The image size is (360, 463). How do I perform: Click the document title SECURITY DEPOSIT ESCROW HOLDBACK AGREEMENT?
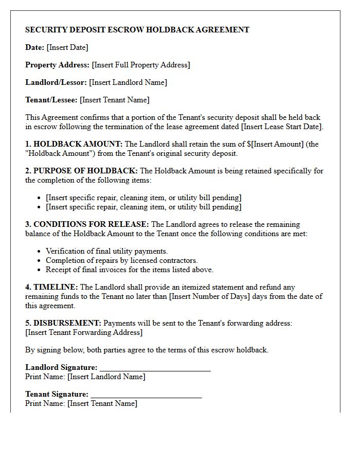(137, 30)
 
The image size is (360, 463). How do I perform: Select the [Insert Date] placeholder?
(67, 47)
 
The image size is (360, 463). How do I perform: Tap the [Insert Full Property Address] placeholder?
(140, 65)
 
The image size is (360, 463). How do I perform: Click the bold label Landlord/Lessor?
(56, 82)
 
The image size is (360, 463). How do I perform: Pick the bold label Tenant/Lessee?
(51, 100)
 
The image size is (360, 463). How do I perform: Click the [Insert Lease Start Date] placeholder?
(281, 127)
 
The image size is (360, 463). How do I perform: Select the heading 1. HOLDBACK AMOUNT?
(74, 144)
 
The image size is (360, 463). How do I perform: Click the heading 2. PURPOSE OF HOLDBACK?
(81, 171)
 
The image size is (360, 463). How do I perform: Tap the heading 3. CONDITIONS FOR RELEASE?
(87, 224)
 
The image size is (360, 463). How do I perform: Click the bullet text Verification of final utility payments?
(107, 251)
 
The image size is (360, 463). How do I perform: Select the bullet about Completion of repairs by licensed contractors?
(122, 260)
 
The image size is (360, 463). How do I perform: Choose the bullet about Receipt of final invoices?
(130, 270)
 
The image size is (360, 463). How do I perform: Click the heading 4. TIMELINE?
(51, 287)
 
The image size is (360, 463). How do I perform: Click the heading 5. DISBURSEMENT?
(63, 323)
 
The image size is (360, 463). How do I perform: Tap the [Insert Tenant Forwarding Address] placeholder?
(84, 332)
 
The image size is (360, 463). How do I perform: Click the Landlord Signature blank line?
(155, 368)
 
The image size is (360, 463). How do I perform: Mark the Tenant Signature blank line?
(146, 395)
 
